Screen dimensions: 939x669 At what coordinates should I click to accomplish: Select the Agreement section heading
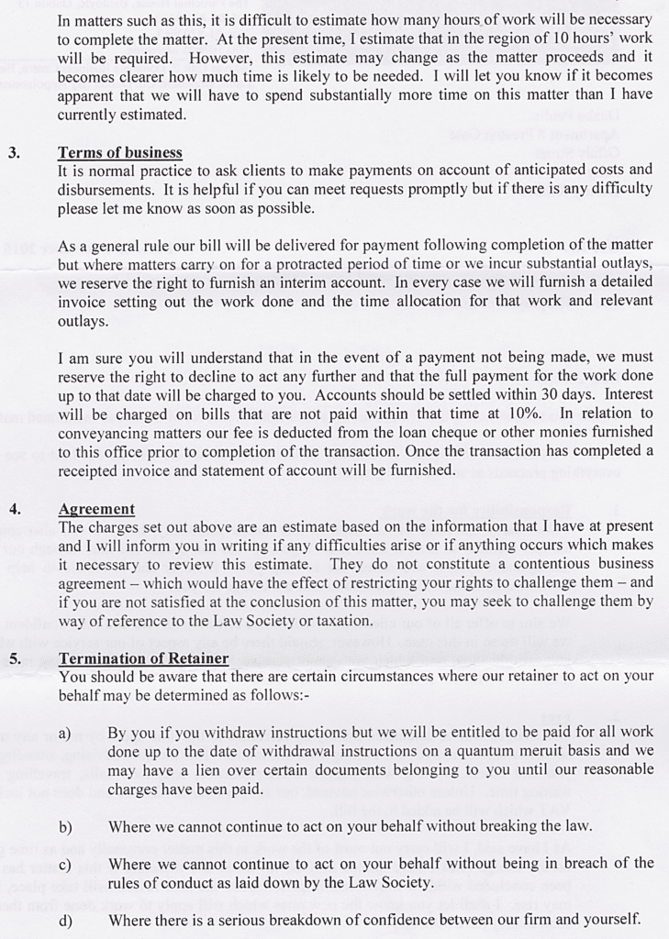point(96,509)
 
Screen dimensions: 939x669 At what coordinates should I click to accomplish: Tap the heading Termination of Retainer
point(143,658)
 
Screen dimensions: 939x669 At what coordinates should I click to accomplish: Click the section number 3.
point(14,153)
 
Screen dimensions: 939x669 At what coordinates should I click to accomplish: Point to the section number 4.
point(15,509)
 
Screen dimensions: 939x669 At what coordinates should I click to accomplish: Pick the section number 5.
point(15,658)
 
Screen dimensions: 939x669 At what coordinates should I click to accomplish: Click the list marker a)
point(64,733)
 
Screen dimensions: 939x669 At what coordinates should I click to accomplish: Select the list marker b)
point(65,827)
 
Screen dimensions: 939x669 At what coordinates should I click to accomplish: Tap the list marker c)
point(64,865)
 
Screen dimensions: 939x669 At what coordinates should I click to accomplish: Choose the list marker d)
point(65,921)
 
